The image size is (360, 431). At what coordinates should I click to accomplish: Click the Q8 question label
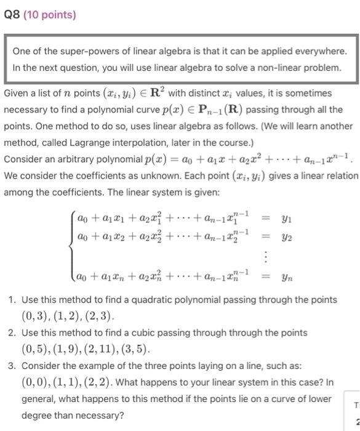click(12, 14)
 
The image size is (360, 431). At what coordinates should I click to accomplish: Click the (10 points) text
click(50, 14)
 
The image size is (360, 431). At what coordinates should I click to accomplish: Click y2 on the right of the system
click(286, 237)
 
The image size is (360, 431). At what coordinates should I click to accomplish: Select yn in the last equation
click(286, 278)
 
